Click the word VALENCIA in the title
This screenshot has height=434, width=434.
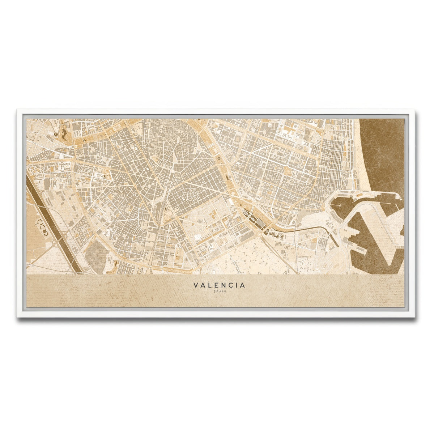(x=219, y=285)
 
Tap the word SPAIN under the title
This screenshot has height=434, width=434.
(x=219, y=292)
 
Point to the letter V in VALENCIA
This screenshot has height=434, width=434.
(x=196, y=285)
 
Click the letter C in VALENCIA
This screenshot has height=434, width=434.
(x=232, y=285)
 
